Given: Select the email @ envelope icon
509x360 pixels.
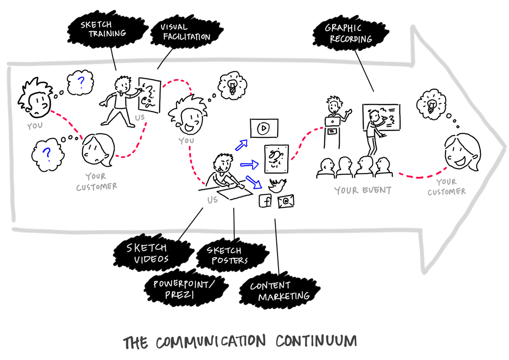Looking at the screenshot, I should click(x=286, y=201).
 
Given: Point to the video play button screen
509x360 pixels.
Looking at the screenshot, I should click(x=263, y=128).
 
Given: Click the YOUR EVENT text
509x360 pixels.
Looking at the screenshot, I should click(x=363, y=190).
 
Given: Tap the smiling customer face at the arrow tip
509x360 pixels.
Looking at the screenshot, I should click(x=461, y=152).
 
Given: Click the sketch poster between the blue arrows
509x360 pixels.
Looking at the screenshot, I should click(x=276, y=158).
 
